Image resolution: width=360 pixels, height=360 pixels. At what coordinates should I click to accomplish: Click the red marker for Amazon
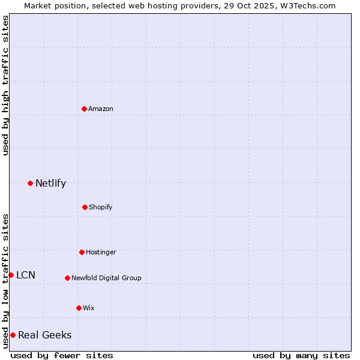[x=84, y=109]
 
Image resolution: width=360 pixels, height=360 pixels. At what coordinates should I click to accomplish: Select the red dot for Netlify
[x=30, y=183]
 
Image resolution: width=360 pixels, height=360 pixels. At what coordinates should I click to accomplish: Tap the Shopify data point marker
[x=85, y=207]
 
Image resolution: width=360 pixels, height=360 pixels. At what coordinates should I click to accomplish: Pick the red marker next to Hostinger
[x=82, y=252]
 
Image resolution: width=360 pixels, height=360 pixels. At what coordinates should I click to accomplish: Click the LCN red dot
[x=11, y=275]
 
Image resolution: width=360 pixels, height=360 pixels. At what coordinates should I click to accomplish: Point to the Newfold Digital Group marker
[x=67, y=278]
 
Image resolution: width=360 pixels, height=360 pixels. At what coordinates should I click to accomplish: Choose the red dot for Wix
[x=79, y=308]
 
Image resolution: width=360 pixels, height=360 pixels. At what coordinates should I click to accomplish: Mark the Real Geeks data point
[x=13, y=335]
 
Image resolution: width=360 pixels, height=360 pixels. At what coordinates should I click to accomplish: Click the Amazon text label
[x=101, y=109]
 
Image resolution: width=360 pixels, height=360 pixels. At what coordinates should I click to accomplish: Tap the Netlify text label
[x=50, y=183]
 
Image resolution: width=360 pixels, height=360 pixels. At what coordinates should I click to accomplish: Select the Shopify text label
[x=101, y=207]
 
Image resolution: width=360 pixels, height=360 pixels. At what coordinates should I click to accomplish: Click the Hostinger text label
[x=101, y=252]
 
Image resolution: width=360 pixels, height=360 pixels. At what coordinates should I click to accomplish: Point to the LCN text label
[x=26, y=275]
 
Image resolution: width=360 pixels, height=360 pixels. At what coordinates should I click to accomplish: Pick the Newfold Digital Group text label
[x=106, y=278]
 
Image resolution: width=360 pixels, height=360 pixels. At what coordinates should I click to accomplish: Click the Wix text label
[x=89, y=308]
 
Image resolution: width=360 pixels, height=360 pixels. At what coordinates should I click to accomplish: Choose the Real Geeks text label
[x=45, y=335]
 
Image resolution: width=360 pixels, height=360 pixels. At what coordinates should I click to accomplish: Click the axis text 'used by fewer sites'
[x=62, y=355]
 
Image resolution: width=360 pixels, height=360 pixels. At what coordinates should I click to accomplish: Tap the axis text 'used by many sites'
[x=301, y=355]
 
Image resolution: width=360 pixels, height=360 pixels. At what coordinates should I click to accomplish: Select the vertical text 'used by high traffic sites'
[x=5, y=85]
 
